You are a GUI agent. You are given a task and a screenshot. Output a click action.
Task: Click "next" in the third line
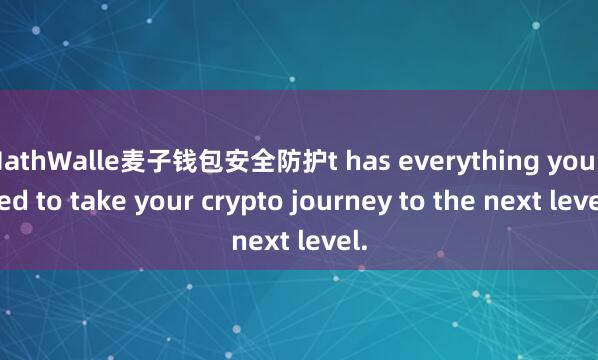click(259, 241)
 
